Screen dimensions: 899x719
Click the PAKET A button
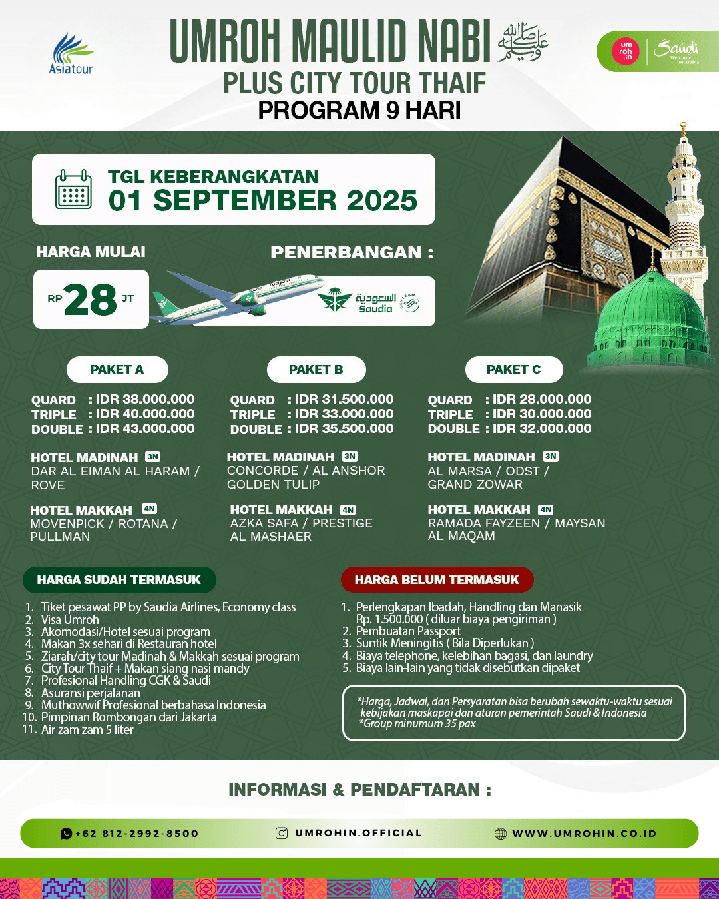point(117,370)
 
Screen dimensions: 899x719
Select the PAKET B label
point(316,370)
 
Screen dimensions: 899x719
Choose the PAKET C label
point(514,370)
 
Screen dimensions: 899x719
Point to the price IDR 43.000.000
point(145,428)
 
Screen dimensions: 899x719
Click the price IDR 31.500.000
point(344,399)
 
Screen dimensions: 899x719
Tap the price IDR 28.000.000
point(542,399)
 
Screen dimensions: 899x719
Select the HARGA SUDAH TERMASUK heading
point(119,580)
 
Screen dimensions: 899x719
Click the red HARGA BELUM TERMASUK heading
point(437,580)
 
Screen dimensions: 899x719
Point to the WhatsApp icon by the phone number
point(66,833)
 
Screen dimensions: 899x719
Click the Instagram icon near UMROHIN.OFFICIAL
point(282,833)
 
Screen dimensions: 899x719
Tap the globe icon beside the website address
point(501,834)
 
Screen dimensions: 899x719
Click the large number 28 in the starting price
point(91,300)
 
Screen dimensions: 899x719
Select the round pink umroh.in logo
point(626,51)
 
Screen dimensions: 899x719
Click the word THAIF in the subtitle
point(452,83)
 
